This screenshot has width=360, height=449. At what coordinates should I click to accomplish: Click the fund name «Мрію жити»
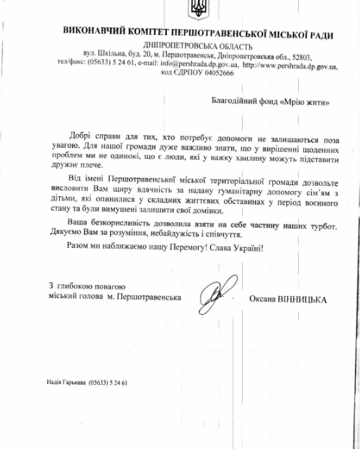(x=298, y=104)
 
